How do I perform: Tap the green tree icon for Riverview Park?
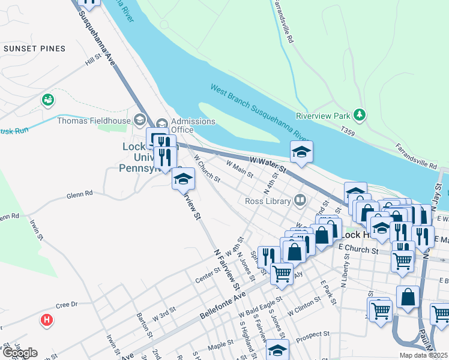click(360, 114)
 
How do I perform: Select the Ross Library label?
click(268, 200)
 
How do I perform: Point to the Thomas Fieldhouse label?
click(94, 120)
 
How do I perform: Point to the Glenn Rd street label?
click(80, 194)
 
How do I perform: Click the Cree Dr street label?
click(67, 305)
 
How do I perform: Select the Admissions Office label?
click(193, 125)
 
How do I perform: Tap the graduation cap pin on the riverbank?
click(301, 152)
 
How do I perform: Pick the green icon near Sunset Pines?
click(47, 100)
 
